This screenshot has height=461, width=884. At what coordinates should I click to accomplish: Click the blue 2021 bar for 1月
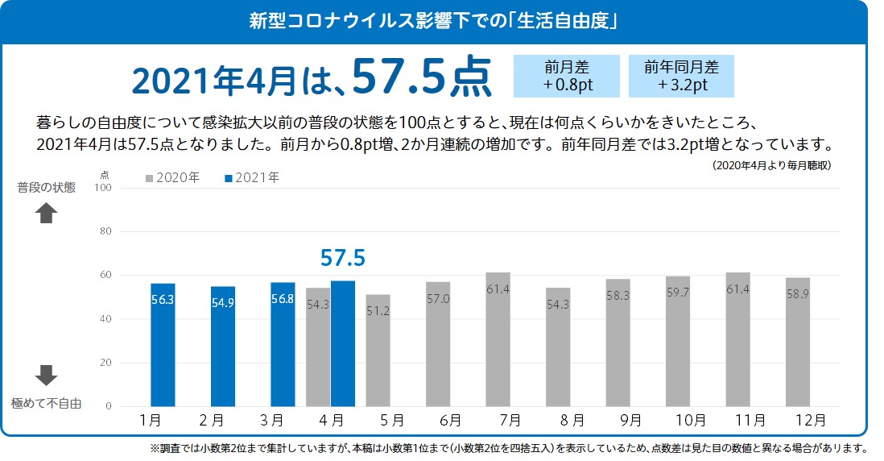tap(163, 345)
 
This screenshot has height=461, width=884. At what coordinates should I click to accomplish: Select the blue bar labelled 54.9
tap(223, 347)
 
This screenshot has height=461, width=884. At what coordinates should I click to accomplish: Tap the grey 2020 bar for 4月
tap(318, 347)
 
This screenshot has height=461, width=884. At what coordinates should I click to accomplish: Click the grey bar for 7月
tap(498, 339)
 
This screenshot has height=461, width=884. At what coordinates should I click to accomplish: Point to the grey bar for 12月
tap(798, 342)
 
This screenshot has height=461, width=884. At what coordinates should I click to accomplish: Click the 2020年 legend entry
tap(172, 177)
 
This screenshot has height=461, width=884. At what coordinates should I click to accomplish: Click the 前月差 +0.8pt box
tap(567, 76)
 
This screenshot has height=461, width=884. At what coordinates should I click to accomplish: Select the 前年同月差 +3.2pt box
tap(681, 76)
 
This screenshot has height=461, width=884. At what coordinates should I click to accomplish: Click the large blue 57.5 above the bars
tap(343, 258)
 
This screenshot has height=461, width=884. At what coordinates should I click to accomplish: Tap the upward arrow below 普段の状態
tap(47, 213)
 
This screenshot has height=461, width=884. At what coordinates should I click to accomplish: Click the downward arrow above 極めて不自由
tap(47, 375)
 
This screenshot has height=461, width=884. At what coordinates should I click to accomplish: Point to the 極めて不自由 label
tap(47, 404)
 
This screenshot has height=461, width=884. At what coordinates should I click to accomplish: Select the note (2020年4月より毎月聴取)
tap(771, 164)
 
